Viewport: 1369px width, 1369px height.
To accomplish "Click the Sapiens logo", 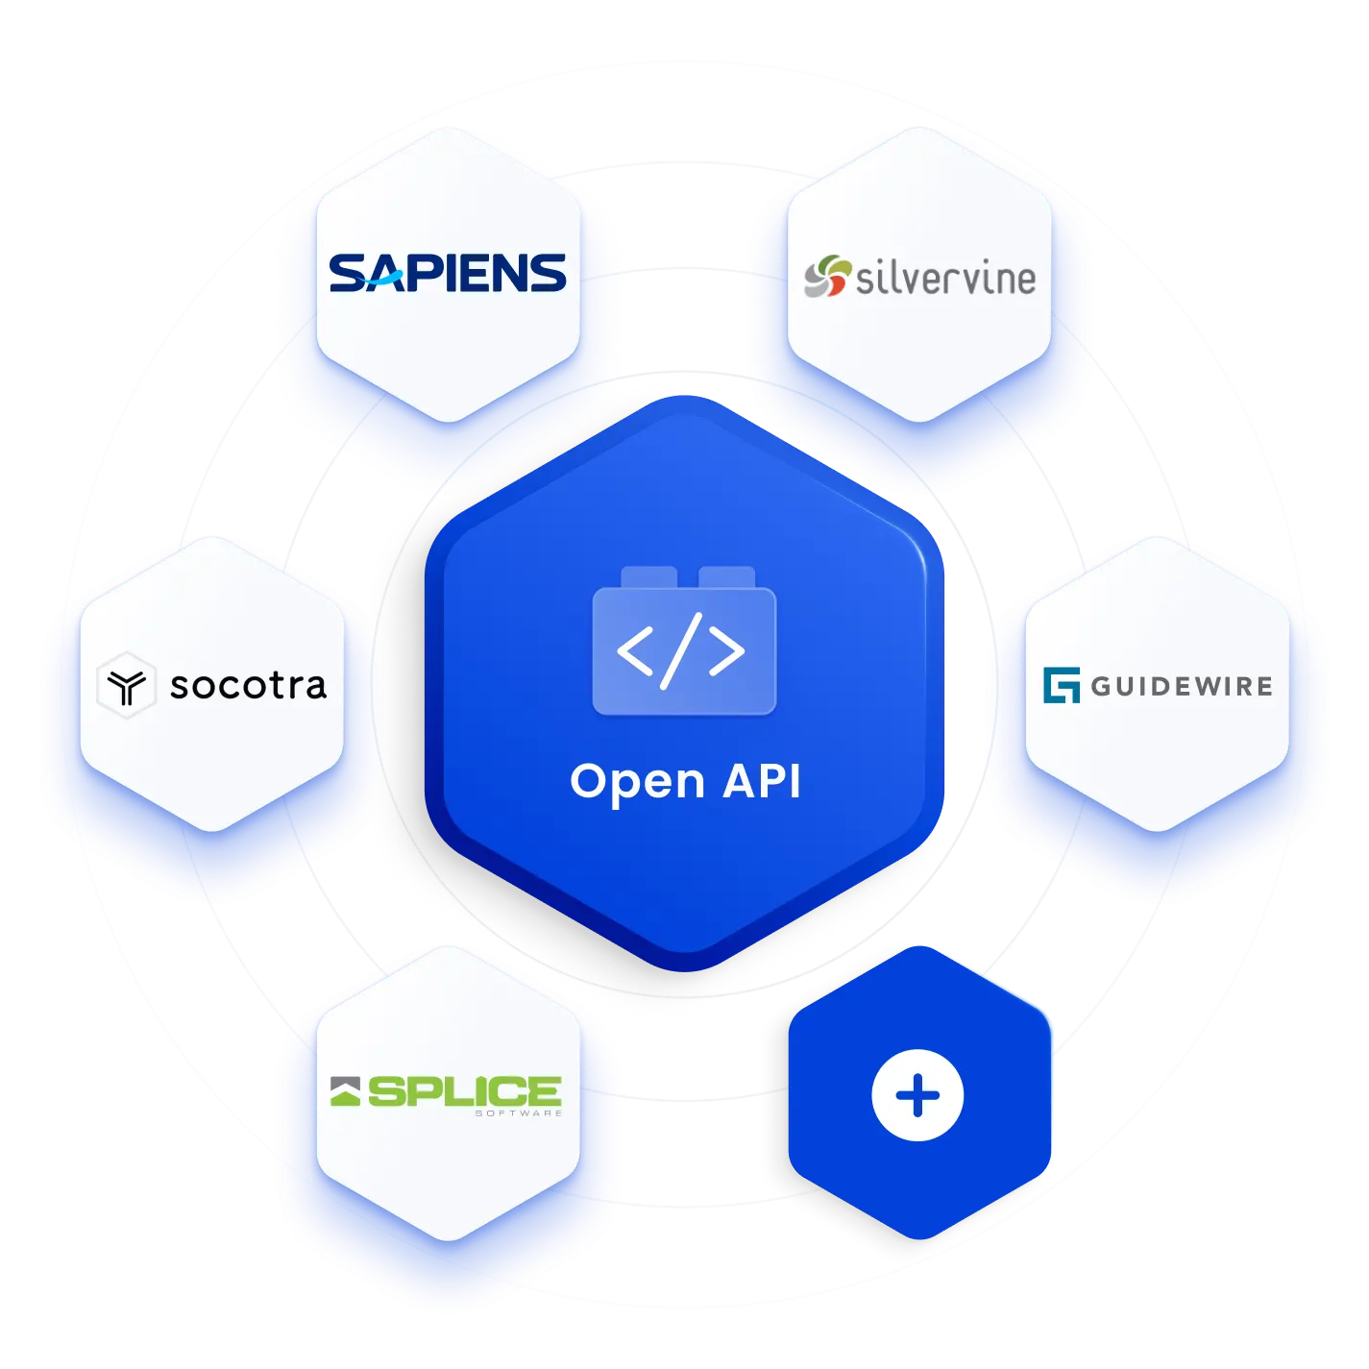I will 448,274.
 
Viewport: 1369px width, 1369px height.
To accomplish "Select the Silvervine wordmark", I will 945,279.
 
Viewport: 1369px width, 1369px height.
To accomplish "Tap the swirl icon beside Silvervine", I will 827,277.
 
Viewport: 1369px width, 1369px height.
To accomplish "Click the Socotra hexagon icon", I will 126,686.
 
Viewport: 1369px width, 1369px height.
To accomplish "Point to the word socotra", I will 249,686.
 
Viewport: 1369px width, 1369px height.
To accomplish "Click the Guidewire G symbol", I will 1062,685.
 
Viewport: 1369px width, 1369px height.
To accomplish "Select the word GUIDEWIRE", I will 1182,686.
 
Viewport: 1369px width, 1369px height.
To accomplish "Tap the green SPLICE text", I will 465,1091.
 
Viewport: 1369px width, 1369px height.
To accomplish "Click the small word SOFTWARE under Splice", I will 519,1113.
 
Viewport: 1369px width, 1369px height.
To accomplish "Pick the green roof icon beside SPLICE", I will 346,1091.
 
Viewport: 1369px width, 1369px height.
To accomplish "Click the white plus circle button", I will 917,1096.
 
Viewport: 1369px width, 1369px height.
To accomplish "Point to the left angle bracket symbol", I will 634,651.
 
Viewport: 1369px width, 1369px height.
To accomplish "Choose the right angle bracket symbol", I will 727,651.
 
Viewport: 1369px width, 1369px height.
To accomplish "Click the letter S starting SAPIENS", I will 348,274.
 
